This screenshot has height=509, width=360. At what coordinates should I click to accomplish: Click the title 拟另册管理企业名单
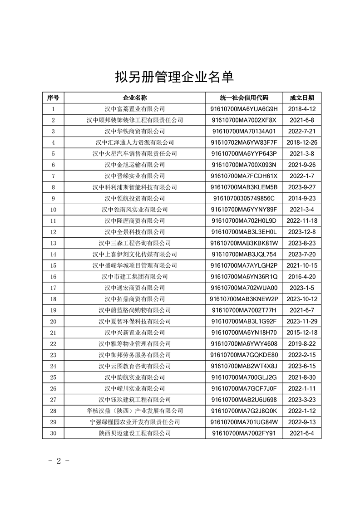click(175, 77)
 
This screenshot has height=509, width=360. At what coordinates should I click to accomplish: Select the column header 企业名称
click(135, 98)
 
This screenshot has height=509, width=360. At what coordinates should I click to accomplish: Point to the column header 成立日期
click(301, 98)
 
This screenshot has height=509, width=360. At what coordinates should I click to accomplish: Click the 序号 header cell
click(53, 98)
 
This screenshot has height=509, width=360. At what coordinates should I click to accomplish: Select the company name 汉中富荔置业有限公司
click(135, 109)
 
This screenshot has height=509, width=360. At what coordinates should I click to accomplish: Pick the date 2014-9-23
click(301, 199)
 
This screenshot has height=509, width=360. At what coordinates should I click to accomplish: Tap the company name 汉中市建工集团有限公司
click(135, 277)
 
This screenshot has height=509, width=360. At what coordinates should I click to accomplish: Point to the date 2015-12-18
click(301, 333)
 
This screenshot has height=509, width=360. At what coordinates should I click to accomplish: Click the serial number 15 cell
click(53, 266)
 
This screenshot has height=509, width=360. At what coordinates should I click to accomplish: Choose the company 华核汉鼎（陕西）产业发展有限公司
click(135, 411)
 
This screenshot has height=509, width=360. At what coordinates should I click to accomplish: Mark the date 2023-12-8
click(301, 232)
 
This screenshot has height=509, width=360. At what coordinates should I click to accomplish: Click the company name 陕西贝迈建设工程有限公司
click(135, 434)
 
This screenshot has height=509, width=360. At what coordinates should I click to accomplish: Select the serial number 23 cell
click(53, 355)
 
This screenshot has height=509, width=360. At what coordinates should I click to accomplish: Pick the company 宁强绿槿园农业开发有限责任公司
click(135, 422)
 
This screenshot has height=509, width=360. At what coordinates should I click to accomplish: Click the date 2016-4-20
click(301, 277)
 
